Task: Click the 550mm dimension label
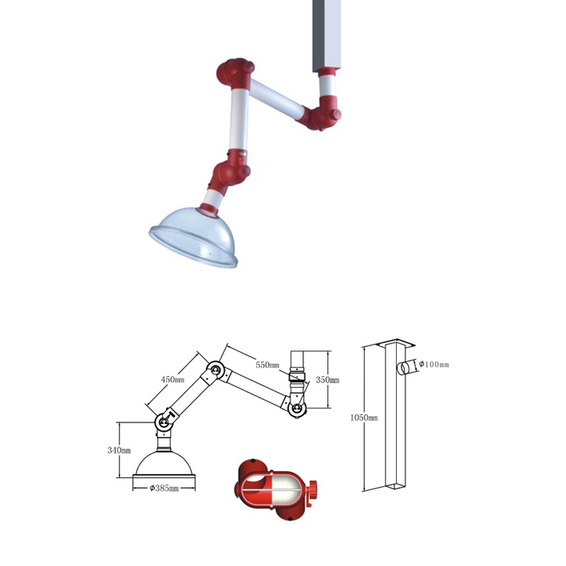267,365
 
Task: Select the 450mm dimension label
172,380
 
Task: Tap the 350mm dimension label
328,380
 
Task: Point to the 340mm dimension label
119,450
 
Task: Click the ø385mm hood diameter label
164,489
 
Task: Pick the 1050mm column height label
364,418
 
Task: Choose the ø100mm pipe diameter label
434,365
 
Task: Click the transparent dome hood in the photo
194,238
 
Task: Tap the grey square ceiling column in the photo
327,35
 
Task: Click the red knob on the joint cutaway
312,490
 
